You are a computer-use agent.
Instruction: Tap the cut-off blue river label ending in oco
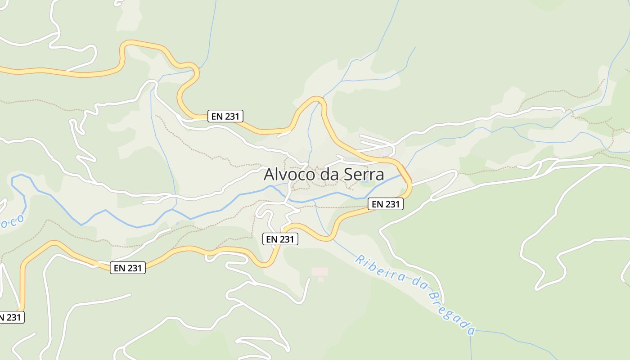coord(11,222)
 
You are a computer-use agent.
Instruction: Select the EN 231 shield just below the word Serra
coord(386,204)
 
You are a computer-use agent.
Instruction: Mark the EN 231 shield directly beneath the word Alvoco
coord(280,239)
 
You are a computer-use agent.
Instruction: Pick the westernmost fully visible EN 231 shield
coord(128,268)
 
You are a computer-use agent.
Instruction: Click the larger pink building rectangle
coord(320,271)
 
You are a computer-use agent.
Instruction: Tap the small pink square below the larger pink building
coord(321,279)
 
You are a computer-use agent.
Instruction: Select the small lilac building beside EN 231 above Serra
coord(385,154)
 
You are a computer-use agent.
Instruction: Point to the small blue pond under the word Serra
coord(366,183)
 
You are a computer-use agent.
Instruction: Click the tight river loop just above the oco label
coord(18,180)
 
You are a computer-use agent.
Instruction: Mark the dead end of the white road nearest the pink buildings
coord(310,279)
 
